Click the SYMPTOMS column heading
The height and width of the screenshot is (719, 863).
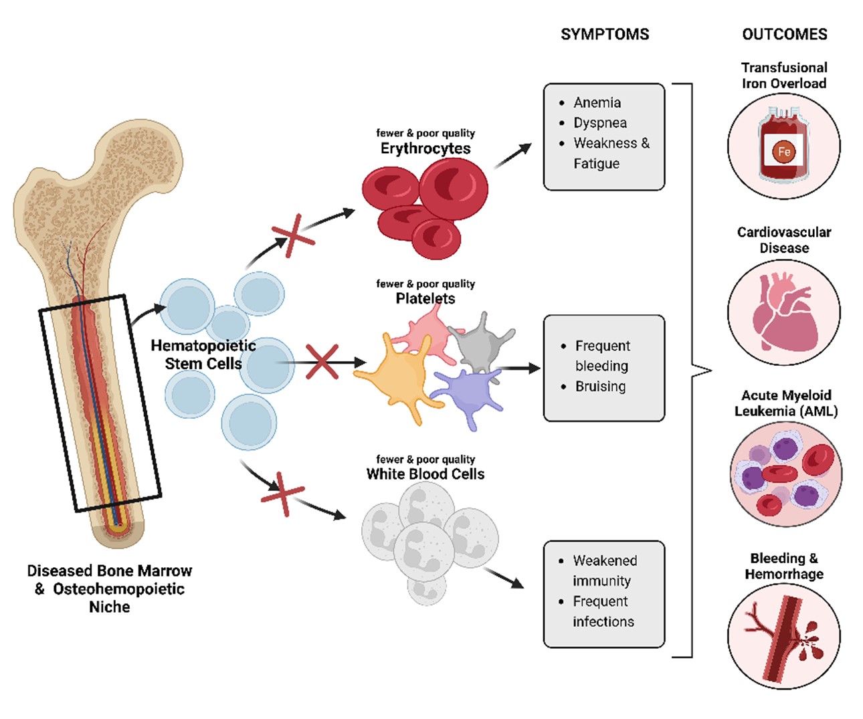(x=605, y=34)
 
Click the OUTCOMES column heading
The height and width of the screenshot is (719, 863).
(x=785, y=34)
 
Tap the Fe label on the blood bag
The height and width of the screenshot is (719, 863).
(x=784, y=152)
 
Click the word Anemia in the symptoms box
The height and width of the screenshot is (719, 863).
(x=597, y=102)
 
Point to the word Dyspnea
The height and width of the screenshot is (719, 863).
(x=600, y=123)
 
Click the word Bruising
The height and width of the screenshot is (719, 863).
(x=600, y=387)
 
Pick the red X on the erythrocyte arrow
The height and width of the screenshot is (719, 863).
(x=292, y=235)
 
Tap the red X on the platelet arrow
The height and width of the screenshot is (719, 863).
(x=322, y=362)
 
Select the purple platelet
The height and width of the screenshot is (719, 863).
(x=468, y=396)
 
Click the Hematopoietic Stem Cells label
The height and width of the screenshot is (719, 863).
(x=203, y=354)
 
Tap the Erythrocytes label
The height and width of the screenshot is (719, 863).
(x=425, y=148)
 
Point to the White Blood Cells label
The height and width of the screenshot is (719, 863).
(x=425, y=474)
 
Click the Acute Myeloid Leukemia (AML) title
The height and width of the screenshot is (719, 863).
(x=786, y=403)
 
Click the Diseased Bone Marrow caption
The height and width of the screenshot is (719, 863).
(x=110, y=589)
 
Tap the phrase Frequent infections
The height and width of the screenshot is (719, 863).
(x=602, y=611)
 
